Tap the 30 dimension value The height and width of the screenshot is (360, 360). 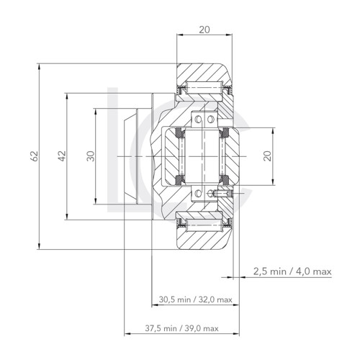pos(90,156)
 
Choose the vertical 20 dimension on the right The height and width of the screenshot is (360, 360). pos(267,156)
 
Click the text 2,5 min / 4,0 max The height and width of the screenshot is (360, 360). pos(292,271)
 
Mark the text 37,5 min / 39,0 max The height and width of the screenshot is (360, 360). pos(181,328)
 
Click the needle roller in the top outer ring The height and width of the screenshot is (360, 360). pos(204,89)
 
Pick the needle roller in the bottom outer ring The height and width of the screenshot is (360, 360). pos(204,223)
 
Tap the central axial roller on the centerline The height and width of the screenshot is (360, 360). pos(204,156)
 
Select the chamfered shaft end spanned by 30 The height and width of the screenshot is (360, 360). pos(129,156)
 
